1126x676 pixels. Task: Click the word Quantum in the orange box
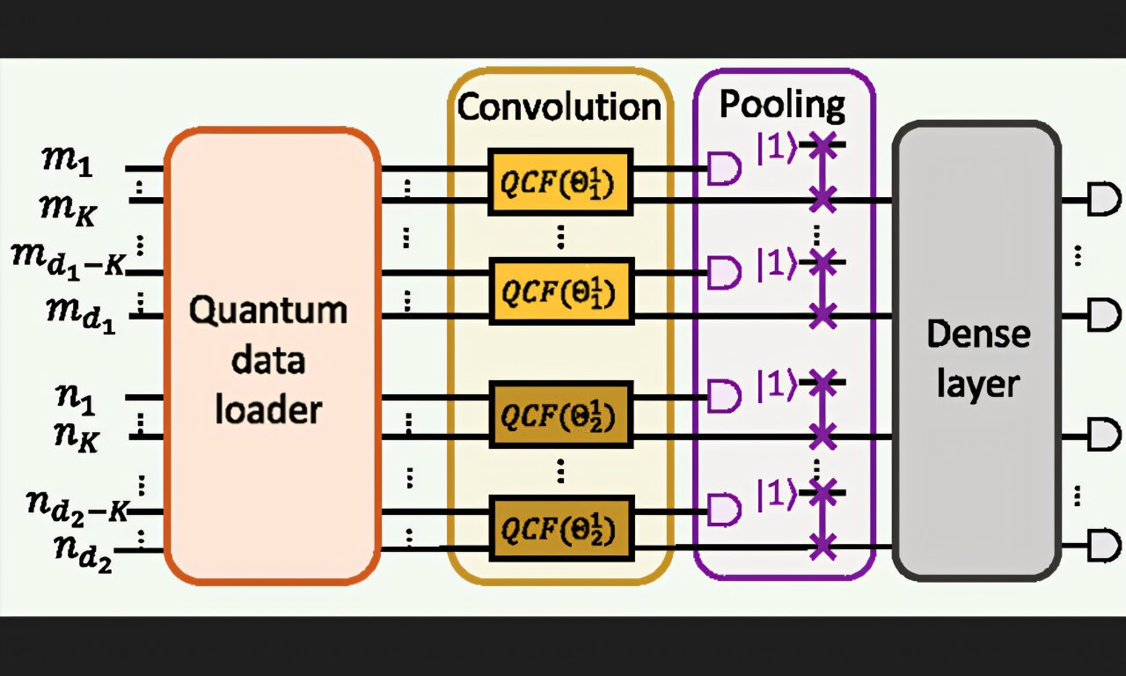(269, 311)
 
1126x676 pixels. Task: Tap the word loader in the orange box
(268, 410)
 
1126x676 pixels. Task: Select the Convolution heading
(559, 107)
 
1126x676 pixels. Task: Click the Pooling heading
(782, 104)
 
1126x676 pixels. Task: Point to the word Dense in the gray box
(977, 334)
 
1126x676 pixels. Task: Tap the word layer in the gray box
(977, 384)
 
